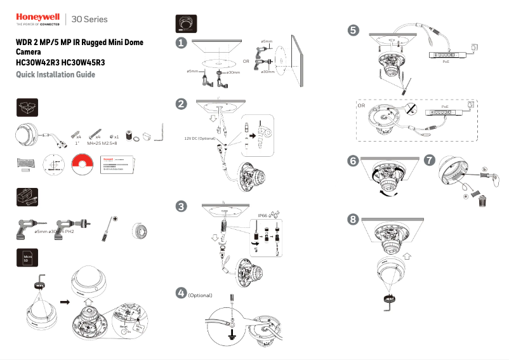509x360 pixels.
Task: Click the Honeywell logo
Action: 37,18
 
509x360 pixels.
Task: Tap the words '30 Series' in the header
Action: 91,20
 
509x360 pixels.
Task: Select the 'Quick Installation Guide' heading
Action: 55,75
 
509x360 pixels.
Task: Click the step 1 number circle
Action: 182,43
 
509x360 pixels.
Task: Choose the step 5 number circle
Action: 354,29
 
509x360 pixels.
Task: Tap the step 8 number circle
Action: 353,220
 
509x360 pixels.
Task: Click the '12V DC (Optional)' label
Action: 201,137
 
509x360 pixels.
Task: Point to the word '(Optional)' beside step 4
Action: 201,296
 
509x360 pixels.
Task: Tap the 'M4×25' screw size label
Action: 95,145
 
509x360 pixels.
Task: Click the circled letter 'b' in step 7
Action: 484,170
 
